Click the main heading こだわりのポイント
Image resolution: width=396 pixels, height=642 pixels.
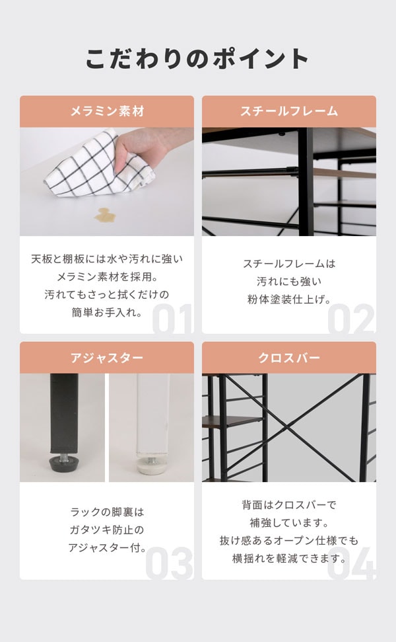pyautogui.click(x=197, y=59)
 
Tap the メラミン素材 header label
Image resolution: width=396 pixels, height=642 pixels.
pyautogui.click(x=107, y=111)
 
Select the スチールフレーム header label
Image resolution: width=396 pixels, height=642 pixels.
pyautogui.click(x=289, y=111)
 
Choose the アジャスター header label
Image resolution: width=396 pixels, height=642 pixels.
pyautogui.click(x=107, y=358)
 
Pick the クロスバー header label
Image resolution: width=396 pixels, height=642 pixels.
pyautogui.click(x=289, y=358)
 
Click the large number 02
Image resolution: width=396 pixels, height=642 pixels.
pyautogui.click(x=350, y=318)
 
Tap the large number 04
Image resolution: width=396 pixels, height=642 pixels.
pyautogui.click(x=350, y=565)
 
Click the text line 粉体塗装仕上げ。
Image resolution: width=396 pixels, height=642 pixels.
pyautogui.click(x=289, y=299)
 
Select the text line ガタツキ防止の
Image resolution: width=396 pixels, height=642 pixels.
pyautogui.click(x=107, y=529)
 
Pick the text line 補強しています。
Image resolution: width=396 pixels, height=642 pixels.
pyautogui.click(x=289, y=523)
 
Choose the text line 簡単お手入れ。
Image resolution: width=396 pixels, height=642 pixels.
pyautogui.click(x=107, y=311)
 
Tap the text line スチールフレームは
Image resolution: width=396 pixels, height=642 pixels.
pyautogui.click(x=289, y=264)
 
